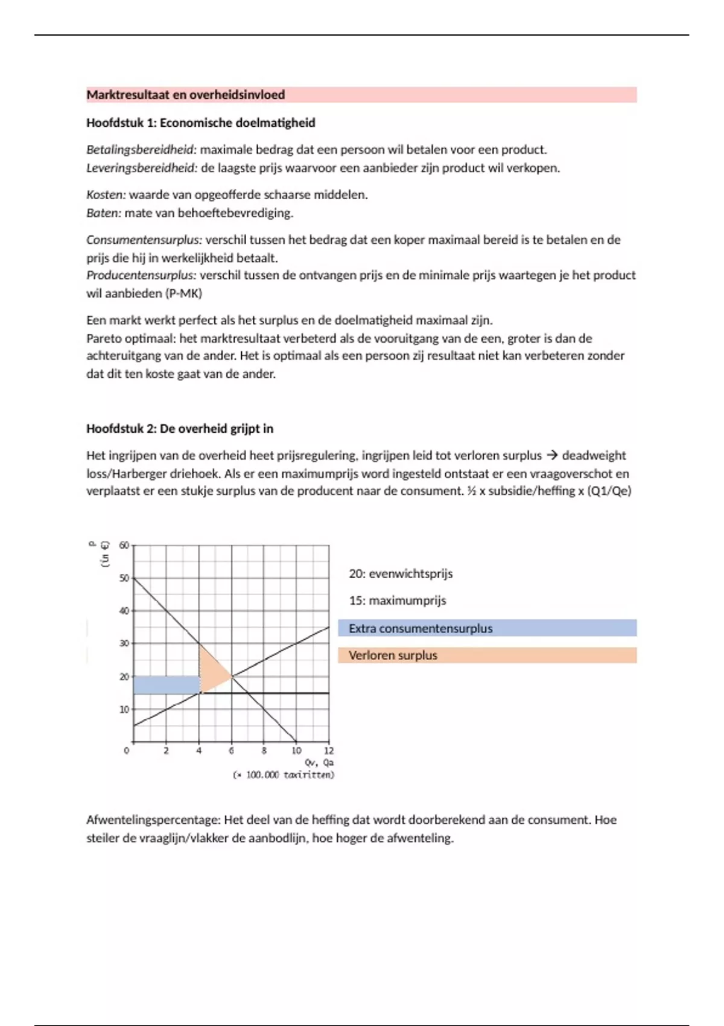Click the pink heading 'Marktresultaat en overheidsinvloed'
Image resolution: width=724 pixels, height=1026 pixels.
pos(185,95)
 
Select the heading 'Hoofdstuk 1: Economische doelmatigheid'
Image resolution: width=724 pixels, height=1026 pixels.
pos(200,123)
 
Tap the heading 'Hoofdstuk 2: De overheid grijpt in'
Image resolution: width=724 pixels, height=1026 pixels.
pos(179,429)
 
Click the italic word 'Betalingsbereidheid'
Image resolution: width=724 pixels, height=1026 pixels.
pos(141,150)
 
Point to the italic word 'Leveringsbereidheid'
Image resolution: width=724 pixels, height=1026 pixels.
pos(141,168)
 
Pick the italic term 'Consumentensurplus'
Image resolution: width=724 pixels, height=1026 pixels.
pos(144,240)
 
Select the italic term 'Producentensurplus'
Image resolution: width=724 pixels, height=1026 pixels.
pos(141,275)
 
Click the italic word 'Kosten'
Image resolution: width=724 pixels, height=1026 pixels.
pos(106,195)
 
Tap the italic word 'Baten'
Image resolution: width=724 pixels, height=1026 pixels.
pos(103,213)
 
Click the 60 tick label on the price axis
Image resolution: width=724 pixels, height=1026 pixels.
pos(124,546)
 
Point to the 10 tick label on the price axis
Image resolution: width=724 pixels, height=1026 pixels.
pos(124,710)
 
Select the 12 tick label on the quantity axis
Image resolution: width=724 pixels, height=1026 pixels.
pos(329,751)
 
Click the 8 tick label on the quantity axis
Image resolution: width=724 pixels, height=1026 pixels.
pos(264,751)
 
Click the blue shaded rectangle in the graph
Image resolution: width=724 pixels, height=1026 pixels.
pos(166,685)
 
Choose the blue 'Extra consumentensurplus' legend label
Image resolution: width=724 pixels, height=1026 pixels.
pos(421,628)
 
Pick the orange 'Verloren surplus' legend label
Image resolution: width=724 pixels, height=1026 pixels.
pos(393,655)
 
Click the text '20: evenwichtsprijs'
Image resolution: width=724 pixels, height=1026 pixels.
pos(401,574)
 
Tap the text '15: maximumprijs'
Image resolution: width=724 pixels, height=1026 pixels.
pos(397,601)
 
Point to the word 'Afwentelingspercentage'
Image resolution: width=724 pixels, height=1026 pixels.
pos(153,820)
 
